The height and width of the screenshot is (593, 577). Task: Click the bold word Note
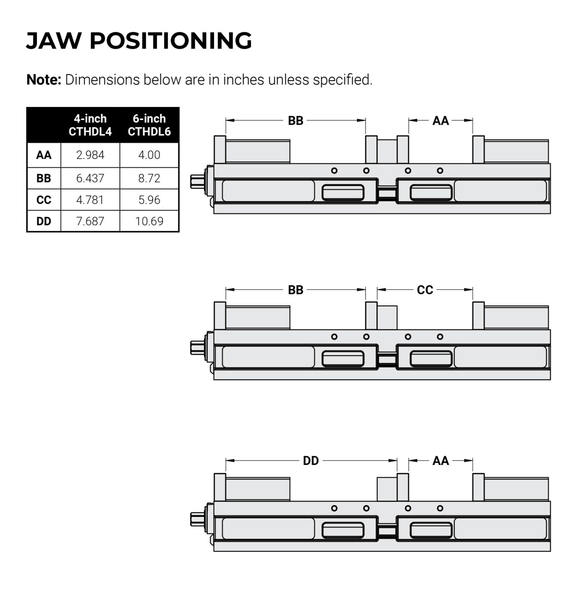pyautogui.click(x=43, y=79)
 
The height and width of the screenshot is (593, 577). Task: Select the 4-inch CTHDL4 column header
pyautogui.click(x=90, y=125)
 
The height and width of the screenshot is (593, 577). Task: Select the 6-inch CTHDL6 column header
pyautogui.click(x=149, y=125)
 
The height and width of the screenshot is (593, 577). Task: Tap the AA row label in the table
pyautogui.click(x=44, y=155)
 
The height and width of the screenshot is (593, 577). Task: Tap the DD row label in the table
pyautogui.click(x=44, y=221)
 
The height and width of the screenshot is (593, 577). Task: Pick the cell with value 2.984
pyautogui.click(x=90, y=155)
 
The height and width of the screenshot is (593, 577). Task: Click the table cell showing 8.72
pyautogui.click(x=149, y=178)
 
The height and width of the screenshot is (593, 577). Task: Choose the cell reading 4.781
pyautogui.click(x=90, y=200)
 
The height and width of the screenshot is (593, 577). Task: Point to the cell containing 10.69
pyautogui.click(x=149, y=221)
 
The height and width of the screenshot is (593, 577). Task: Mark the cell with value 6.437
pyautogui.click(x=90, y=178)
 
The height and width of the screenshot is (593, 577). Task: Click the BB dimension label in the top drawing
pyautogui.click(x=295, y=121)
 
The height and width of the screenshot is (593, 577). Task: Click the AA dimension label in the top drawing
pyautogui.click(x=440, y=121)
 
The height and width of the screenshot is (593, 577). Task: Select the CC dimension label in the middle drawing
pyautogui.click(x=425, y=290)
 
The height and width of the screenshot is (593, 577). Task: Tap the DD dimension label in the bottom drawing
pyautogui.click(x=311, y=461)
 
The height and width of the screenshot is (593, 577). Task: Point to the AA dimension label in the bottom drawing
pyautogui.click(x=440, y=461)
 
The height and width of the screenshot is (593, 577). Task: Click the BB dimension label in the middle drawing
pyautogui.click(x=295, y=290)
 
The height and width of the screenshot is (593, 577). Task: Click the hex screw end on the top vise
pyautogui.click(x=196, y=181)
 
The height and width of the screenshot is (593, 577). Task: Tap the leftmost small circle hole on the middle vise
pyautogui.click(x=334, y=337)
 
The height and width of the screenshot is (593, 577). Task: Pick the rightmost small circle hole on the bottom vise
pyautogui.click(x=440, y=508)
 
